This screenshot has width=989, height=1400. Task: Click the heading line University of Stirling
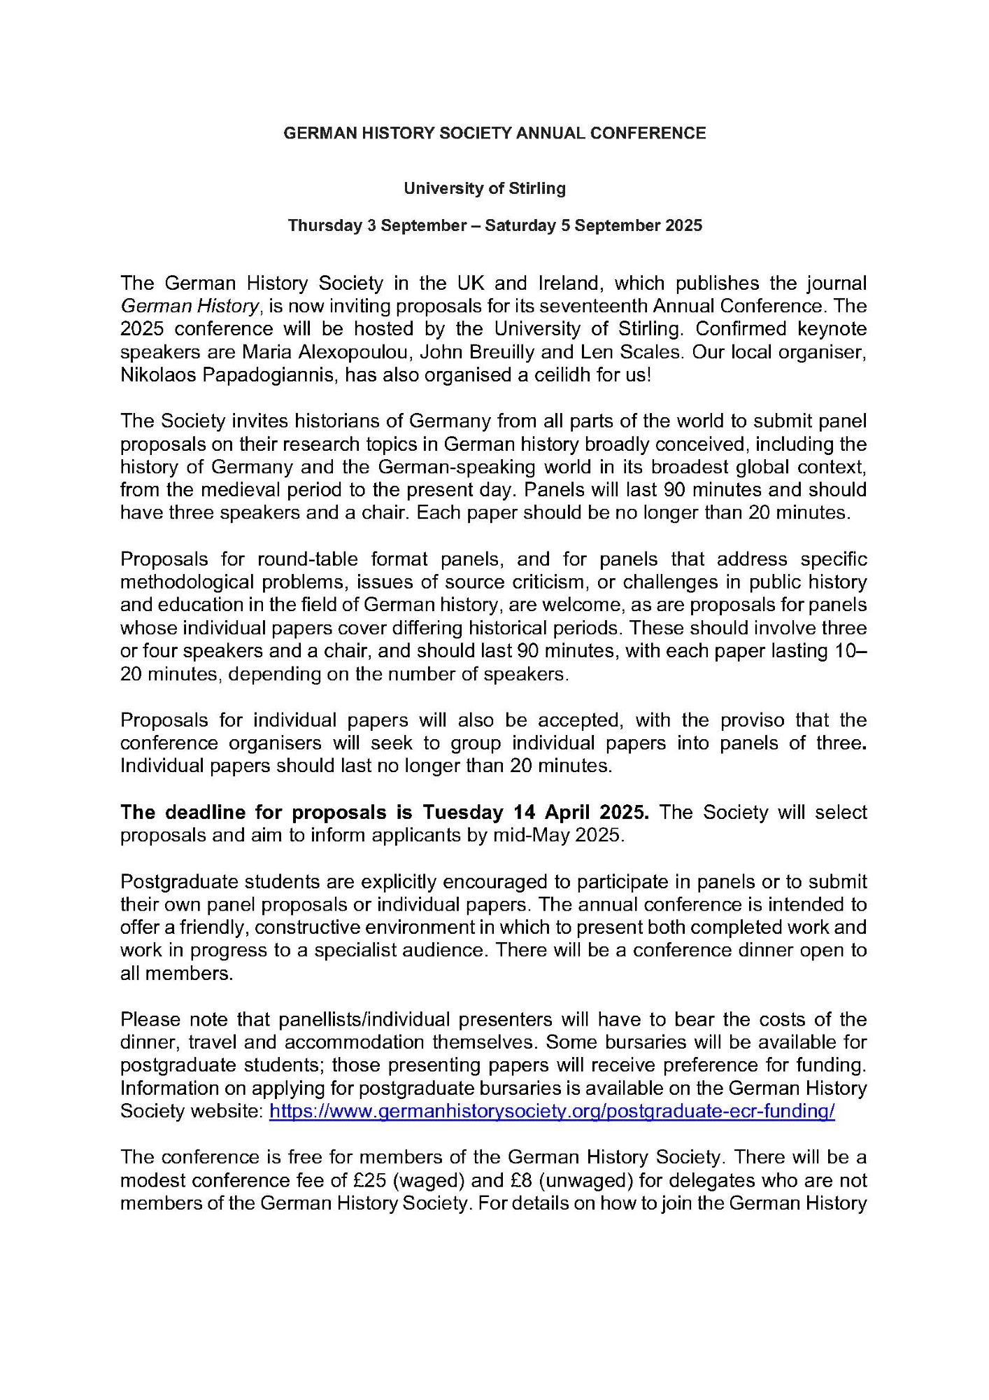484,188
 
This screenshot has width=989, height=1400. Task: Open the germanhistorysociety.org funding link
552,1112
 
